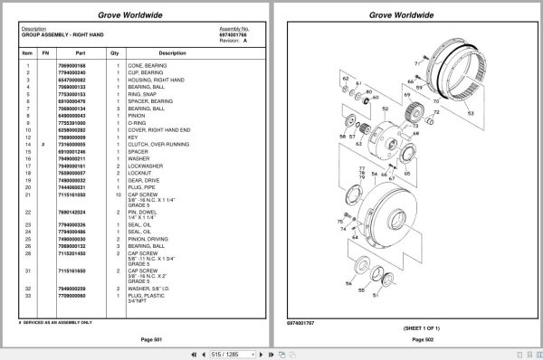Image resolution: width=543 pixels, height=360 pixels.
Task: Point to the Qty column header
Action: pos(115,53)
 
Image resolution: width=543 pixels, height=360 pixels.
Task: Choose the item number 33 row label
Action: pos(28,294)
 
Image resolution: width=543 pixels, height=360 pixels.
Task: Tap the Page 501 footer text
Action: pos(138,338)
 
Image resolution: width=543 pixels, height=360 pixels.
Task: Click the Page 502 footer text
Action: pos(424,338)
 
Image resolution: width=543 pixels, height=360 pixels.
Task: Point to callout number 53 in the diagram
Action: pos(471,116)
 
